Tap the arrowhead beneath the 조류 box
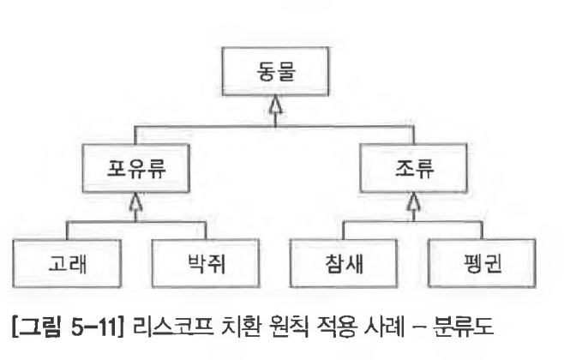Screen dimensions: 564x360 [x=414, y=202]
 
